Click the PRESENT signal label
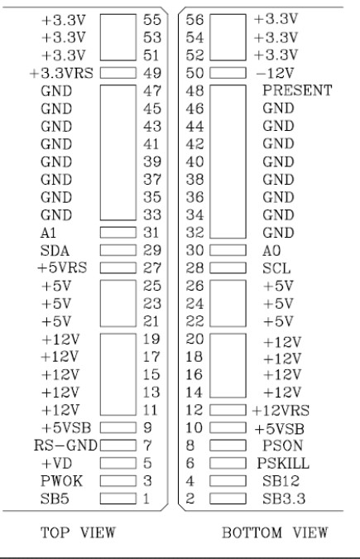click(297, 90)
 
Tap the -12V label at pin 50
click(275, 73)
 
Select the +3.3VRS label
click(61, 73)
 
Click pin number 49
click(152, 73)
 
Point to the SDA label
click(55, 251)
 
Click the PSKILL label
click(283, 463)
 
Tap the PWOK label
click(62, 481)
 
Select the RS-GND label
click(65, 446)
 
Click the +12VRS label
click(281, 410)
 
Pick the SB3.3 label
click(284, 499)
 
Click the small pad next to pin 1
click(118, 499)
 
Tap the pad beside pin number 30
click(228, 250)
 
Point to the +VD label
click(56, 463)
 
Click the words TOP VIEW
click(78, 532)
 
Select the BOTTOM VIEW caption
click(275, 532)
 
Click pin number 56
click(195, 20)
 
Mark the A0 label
click(271, 251)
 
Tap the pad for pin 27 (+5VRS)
click(118, 267)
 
